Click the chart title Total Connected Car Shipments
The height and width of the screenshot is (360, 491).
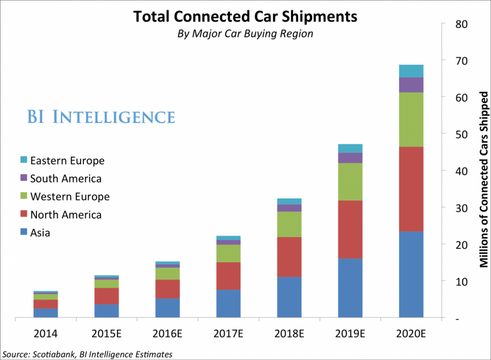(x=245, y=16)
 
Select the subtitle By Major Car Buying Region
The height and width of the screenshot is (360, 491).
(x=245, y=34)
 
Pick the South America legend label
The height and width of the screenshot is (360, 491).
(x=66, y=179)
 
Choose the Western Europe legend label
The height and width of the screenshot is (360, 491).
(x=70, y=197)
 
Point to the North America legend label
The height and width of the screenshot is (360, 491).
(x=66, y=215)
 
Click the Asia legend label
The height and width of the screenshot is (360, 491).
(x=40, y=233)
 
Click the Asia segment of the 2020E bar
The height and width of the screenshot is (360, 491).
(x=411, y=274)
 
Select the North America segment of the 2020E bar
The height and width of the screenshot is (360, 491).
(x=411, y=189)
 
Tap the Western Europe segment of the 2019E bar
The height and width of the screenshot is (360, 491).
(x=350, y=182)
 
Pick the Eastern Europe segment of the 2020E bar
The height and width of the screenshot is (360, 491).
(x=411, y=71)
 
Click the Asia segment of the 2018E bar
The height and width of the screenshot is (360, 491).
(x=289, y=297)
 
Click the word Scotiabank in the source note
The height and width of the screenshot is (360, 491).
(x=52, y=354)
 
